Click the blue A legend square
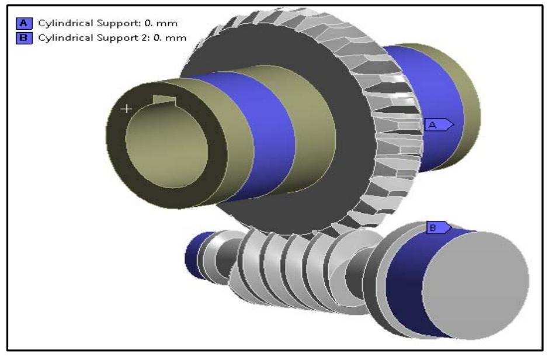click(24, 23)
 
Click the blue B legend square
click(24, 38)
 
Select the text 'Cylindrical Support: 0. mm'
click(107, 23)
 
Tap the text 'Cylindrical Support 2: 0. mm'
click(112, 38)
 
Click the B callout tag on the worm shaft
click(439, 227)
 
